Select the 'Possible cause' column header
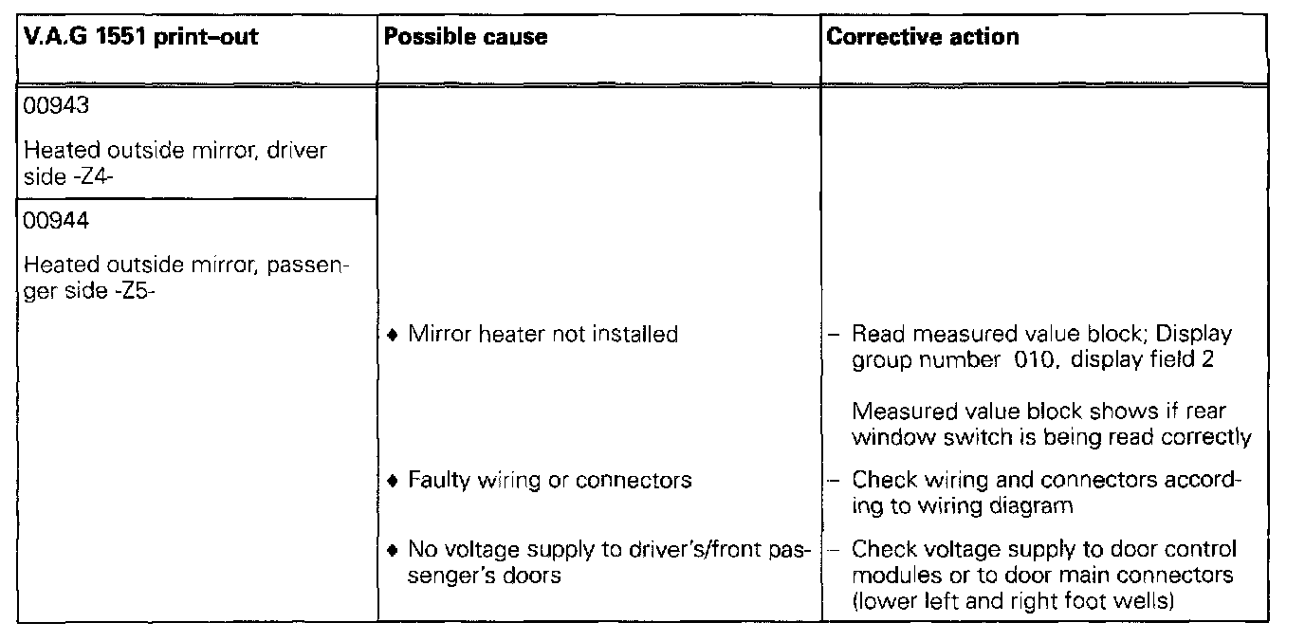pos(466,37)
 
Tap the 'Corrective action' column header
pos(923,37)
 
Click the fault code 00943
pos(56,106)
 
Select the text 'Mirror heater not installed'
pos(542,334)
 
